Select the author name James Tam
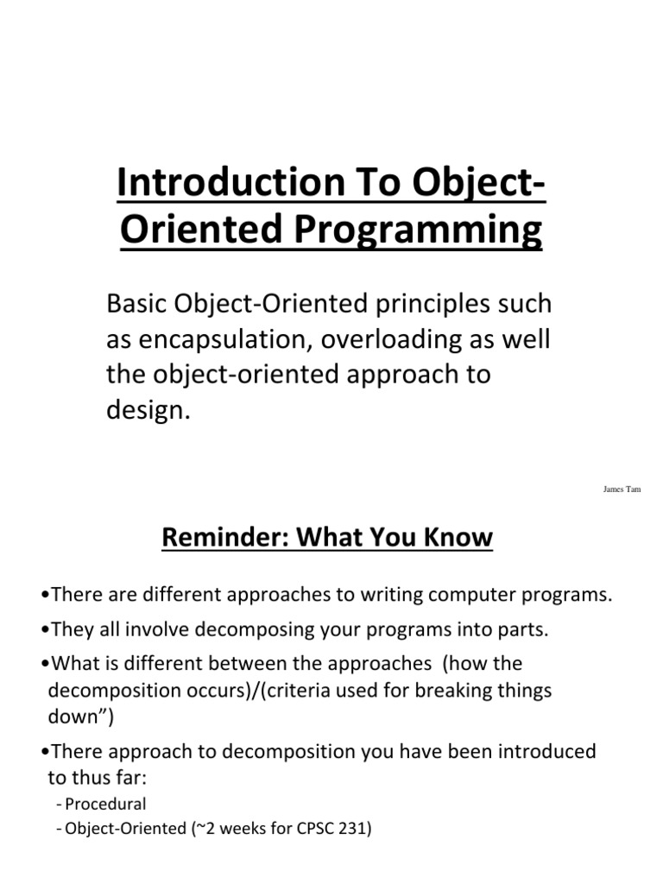pos(622,489)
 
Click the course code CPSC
pos(306,831)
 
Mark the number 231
pos(351,831)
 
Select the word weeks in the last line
pos(222,831)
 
